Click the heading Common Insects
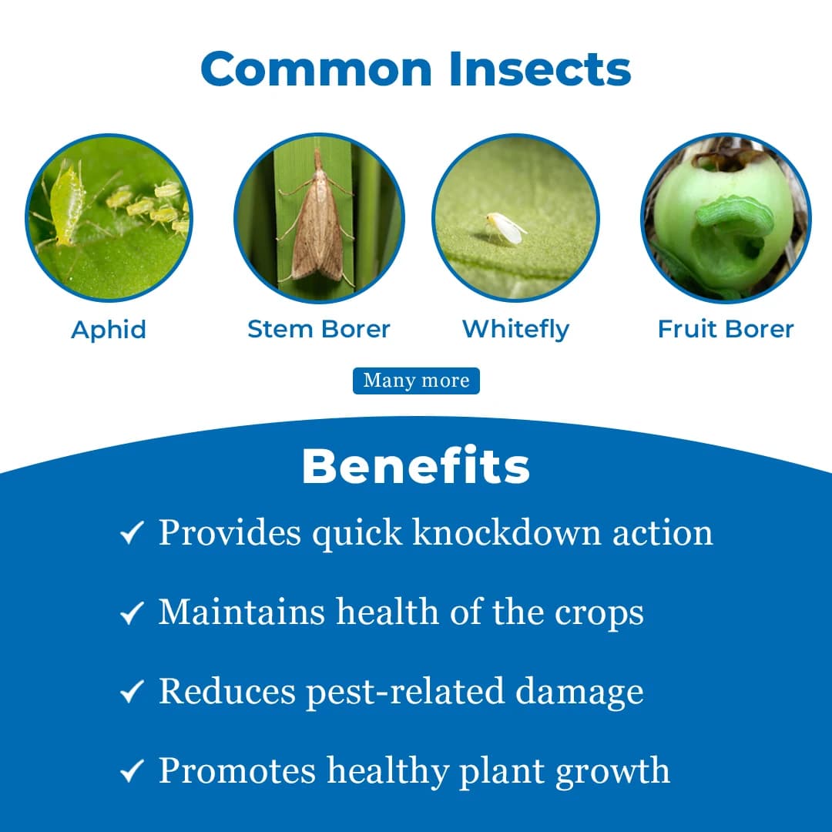click(416, 69)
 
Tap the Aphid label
click(109, 330)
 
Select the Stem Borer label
click(318, 330)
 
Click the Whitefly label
click(515, 330)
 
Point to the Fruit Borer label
click(725, 330)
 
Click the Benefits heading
click(416, 465)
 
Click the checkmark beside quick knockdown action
click(133, 533)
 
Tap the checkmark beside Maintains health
click(133, 613)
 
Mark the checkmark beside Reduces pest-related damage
click(133, 693)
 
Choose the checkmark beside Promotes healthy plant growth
click(133, 772)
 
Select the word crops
click(599, 612)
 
